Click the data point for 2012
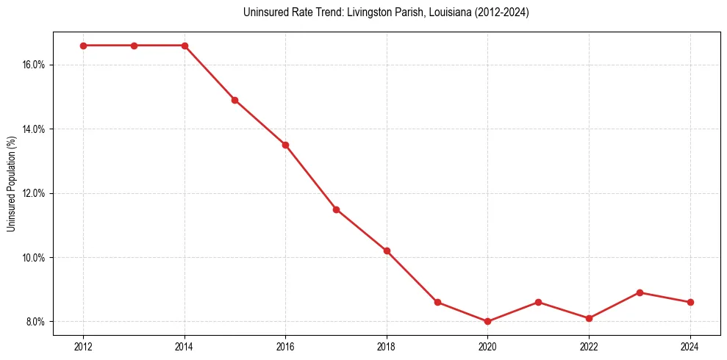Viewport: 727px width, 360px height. tap(83, 46)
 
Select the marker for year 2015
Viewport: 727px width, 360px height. tap(234, 100)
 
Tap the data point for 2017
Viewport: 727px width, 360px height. tap(336, 209)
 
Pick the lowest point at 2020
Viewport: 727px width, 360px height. tap(487, 322)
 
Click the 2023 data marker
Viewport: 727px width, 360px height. tap(640, 292)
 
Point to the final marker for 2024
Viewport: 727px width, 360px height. tap(690, 302)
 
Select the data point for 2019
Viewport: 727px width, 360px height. tap(437, 302)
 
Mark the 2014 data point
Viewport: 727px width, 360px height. tap(185, 46)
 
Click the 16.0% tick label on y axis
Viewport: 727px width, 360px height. tap(34, 65)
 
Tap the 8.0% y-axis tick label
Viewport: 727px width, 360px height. tap(35, 322)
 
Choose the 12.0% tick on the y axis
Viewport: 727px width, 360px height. tap(34, 193)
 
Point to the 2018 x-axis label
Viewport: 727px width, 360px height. tap(387, 347)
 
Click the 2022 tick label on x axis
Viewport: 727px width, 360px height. tap(589, 347)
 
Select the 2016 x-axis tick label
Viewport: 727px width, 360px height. tap(285, 347)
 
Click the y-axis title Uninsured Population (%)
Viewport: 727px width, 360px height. tap(12, 184)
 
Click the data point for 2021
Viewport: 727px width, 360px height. tap(538, 302)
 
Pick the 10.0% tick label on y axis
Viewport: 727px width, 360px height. tap(34, 258)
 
